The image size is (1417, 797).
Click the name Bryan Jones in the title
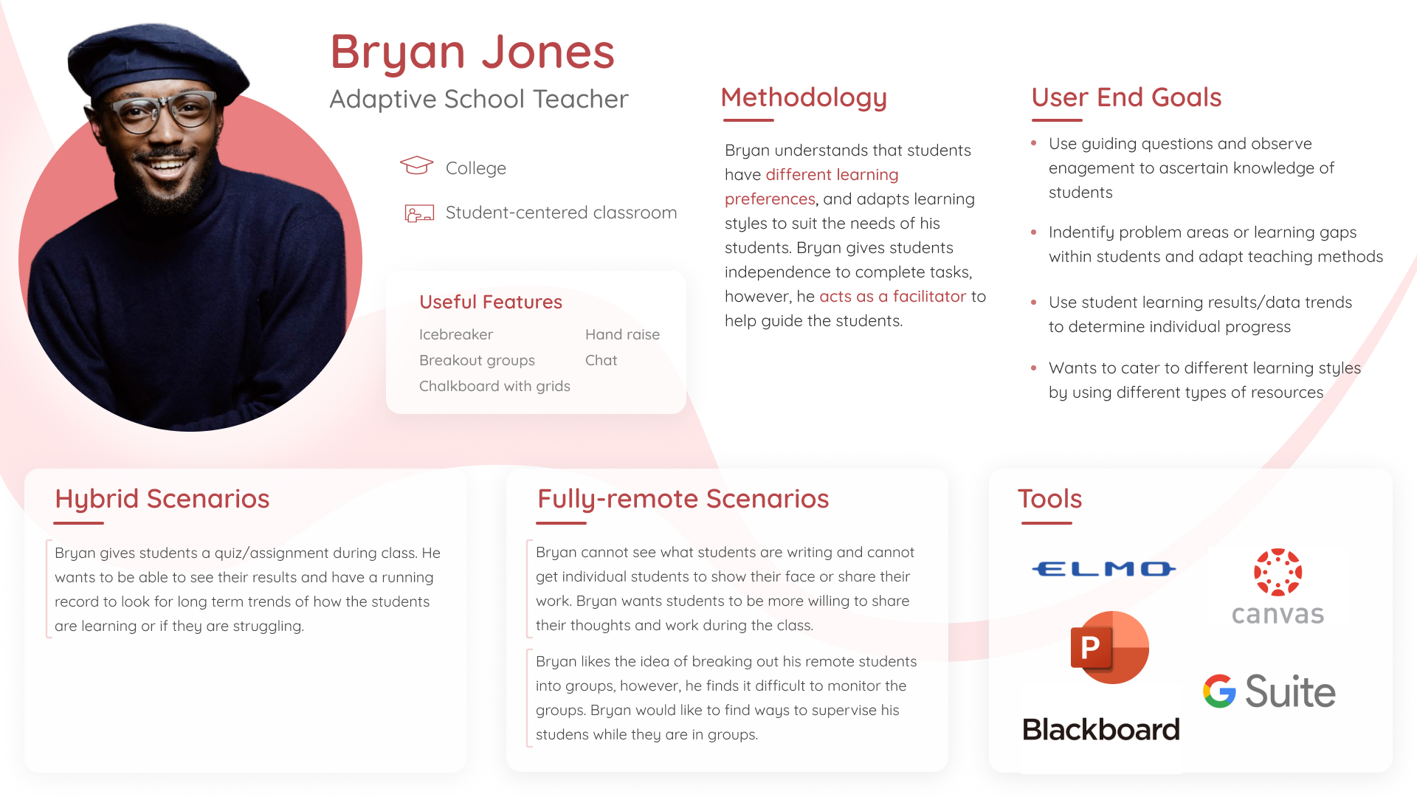click(x=472, y=52)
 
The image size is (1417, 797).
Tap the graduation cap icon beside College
click(x=416, y=165)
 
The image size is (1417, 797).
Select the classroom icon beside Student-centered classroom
click(x=419, y=213)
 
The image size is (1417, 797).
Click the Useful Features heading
click(x=491, y=302)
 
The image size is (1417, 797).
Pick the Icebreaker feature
click(x=456, y=334)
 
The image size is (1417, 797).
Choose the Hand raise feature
click(x=622, y=334)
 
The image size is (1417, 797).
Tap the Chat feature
click(x=601, y=360)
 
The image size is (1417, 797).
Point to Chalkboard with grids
click(x=494, y=386)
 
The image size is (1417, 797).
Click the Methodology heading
click(x=804, y=97)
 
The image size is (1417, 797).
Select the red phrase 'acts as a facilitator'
click(x=892, y=297)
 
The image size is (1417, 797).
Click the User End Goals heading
click(x=1126, y=97)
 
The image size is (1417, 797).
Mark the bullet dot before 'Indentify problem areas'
click(x=1034, y=232)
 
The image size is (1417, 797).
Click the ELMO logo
click(x=1103, y=569)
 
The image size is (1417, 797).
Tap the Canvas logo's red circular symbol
click(x=1278, y=572)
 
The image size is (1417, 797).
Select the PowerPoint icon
click(x=1109, y=647)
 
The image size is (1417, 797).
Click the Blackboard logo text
click(x=1100, y=729)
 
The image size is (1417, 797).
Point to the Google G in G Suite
click(x=1219, y=691)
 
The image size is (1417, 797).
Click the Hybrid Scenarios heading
click(x=162, y=500)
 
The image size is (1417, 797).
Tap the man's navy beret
click(x=156, y=59)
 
